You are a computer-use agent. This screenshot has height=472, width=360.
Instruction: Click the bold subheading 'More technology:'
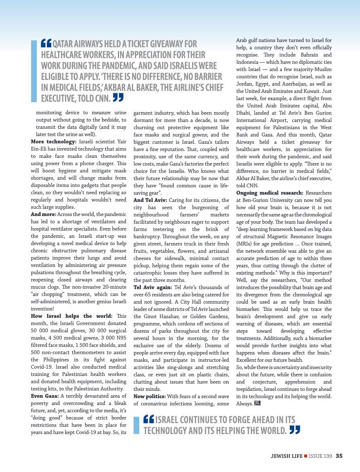[53, 142]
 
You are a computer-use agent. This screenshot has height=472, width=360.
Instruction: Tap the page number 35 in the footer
[339, 456]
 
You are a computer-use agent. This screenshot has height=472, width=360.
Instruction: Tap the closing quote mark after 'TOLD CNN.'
[117, 97]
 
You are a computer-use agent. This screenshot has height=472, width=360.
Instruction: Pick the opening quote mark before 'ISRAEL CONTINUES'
[149, 420]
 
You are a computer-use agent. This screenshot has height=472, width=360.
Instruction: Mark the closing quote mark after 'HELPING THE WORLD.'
[295, 430]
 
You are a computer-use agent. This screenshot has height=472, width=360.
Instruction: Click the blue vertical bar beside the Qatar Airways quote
[34, 71]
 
